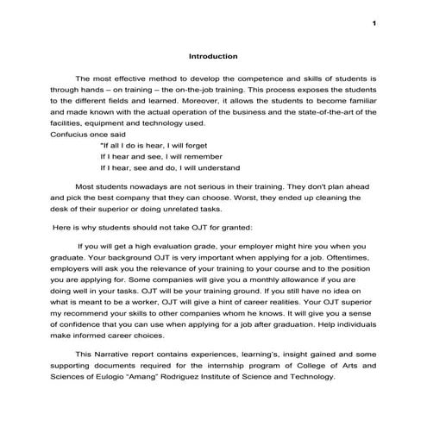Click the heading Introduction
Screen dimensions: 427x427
pyautogui.click(x=213, y=56)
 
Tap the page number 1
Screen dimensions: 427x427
pyautogui.click(x=375, y=22)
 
